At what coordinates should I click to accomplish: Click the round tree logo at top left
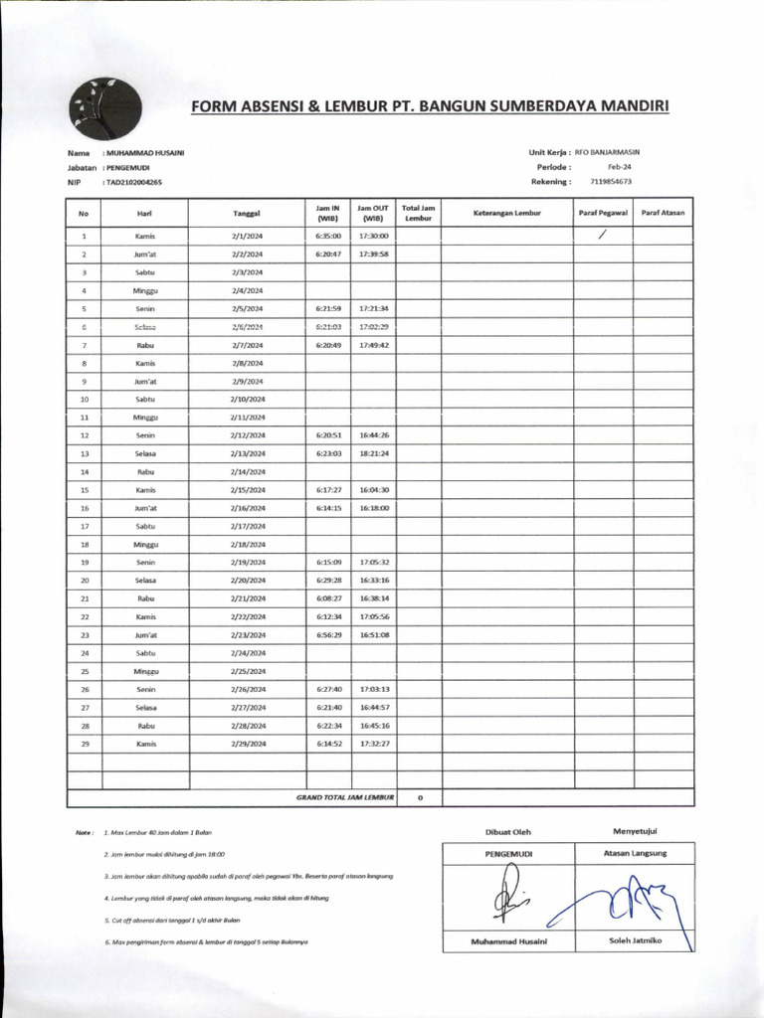[x=105, y=107]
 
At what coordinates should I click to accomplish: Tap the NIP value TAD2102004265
[x=134, y=183]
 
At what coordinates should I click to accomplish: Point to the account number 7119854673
[x=610, y=182]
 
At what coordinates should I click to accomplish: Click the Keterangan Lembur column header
[x=506, y=213]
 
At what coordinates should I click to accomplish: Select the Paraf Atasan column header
[x=664, y=213]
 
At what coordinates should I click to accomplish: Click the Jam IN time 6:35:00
[x=327, y=237]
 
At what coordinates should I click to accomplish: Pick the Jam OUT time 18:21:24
[x=373, y=453]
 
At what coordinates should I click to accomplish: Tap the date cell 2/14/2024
[x=247, y=472]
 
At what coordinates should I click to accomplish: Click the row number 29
[x=85, y=744]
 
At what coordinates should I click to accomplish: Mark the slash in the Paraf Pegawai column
[x=602, y=236]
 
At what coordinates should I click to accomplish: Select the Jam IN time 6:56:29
[x=327, y=634]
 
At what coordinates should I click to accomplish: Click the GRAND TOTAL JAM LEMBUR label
[x=345, y=797]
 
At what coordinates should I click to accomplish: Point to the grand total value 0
[x=420, y=797]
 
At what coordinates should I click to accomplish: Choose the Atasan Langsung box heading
[x=635, y=853]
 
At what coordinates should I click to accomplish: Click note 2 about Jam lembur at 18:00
[x=164, y=854]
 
